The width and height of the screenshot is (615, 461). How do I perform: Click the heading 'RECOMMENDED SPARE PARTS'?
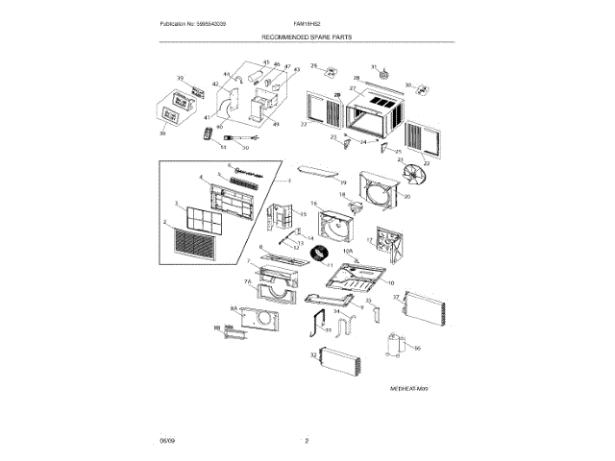[x=307, y=38]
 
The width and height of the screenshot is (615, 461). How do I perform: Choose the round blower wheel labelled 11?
[x=315, y=251]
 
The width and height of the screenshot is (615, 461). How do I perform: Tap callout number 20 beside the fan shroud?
[x=407, y=196]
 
